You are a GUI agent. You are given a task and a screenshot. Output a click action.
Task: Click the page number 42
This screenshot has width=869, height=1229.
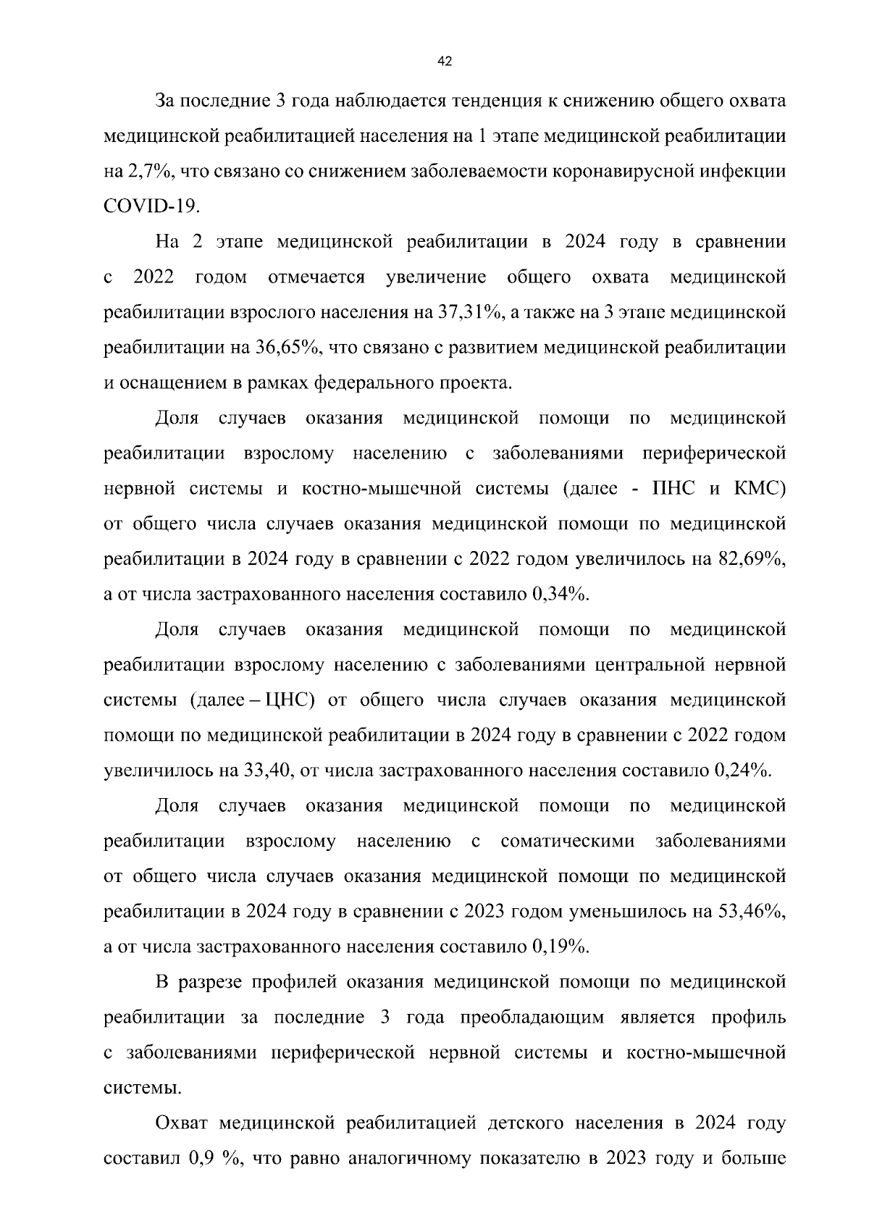pyautogui.click(x=445, y=62)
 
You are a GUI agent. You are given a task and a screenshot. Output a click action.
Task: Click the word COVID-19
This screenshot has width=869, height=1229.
pyautogui.click(x=151, y=206)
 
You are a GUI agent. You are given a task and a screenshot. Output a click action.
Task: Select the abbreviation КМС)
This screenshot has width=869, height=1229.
pyautogui.click(x=760, y=489)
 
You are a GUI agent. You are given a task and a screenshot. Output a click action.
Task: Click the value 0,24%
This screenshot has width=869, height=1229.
pyautogui.click(x=743, y=771)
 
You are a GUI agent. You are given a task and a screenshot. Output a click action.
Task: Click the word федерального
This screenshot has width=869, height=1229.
pyautogui.click(x=372, y=383)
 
